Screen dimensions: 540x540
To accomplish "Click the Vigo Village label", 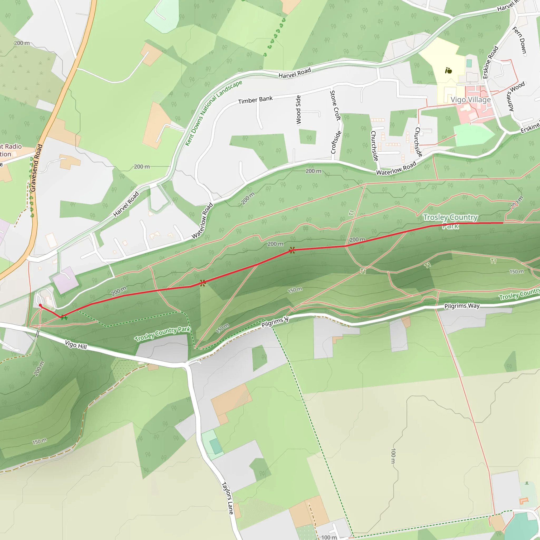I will click(x=470, y=100).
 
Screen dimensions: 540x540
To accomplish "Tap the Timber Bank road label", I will click(x=255, y=100).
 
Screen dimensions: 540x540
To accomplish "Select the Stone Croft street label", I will click(x=335, y=105).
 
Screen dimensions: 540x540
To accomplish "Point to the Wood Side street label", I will click(x=298, y=110).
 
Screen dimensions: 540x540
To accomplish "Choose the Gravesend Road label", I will click(x=36, y=168).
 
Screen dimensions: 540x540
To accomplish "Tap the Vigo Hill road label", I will click(x=76, y=345).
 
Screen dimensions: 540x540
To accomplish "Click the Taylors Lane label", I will click(x=228, y=498).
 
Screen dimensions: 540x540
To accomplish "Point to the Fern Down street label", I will click(x=520, y=41).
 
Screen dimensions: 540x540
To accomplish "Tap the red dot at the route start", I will click(x=40, y=305).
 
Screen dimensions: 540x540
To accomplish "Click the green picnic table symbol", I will click(x=64, y=317).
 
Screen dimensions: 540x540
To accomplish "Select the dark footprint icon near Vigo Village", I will click(x=448, y=71).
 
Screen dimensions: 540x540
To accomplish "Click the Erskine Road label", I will click(x=490, y=62).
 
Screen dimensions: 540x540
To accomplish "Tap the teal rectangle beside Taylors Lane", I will click(x=215, y=446).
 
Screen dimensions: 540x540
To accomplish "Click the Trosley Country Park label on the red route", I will click(x=451, y=221).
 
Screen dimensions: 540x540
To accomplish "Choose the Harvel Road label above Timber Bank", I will click(x=295, y=73).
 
